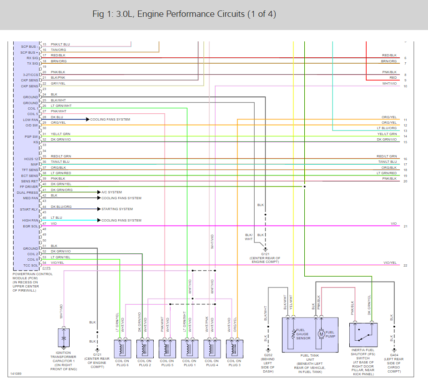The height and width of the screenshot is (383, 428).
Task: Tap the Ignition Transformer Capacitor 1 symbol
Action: [x=64, y=338]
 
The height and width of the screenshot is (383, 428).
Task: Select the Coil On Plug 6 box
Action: [x=122, y=348]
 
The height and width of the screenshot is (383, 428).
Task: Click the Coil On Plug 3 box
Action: [x=235, y=348]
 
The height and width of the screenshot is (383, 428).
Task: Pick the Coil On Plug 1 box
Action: [x=190, y=348]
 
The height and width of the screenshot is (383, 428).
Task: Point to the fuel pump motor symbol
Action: [x=321, y=334]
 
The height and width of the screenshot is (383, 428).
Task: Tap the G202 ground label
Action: [x=268, y=355]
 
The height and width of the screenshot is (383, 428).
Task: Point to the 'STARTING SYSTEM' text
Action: [x=117, y=209]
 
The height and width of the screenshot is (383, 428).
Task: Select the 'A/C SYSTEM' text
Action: [x=111, y=192]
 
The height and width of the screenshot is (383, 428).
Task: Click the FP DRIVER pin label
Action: [x=29, y=187]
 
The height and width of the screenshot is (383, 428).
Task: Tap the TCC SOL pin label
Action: [x=30, y=265]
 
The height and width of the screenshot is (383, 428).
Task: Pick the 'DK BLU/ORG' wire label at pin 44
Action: [x=61, y=207]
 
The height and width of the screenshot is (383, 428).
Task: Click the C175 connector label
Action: [x=46, y=269]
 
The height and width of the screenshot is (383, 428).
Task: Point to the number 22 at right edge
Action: [x=405, y=266]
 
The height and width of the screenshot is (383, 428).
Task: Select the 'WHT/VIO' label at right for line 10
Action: [x=389, y=84]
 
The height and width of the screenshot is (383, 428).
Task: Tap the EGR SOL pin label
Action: [x=30, y=226]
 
